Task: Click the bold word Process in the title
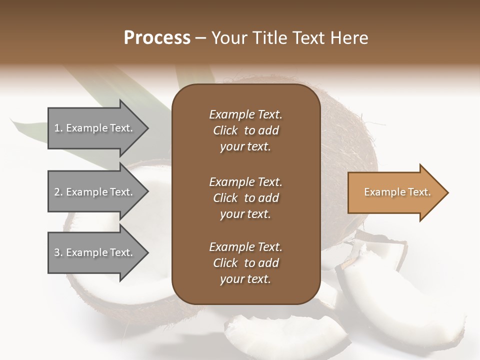point(157,38)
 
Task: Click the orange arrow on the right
point(395,192)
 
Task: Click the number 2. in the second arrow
point(58,192)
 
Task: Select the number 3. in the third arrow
point(58,252)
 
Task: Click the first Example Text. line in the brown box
point(245,114)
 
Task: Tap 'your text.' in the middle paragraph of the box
point(245,214)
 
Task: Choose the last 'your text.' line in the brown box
point(245,279)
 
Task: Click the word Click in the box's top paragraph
point(225,130)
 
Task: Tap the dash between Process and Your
point(201,38)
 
